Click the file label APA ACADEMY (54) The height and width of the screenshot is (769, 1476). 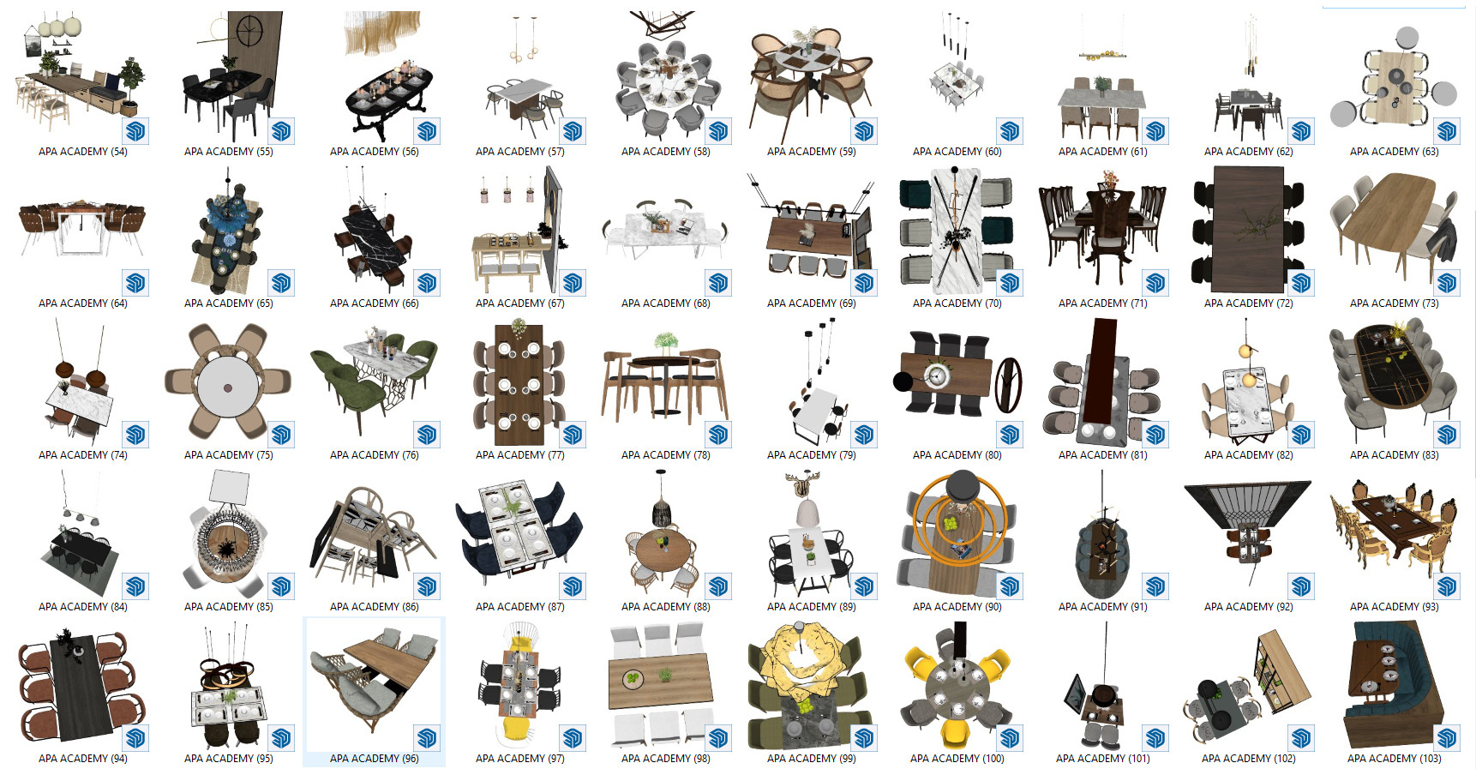point(83,152)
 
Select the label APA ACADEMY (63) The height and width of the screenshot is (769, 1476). point(1395,152)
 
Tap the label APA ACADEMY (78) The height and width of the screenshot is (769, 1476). point(666,455)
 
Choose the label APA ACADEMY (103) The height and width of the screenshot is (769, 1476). point(1395,759)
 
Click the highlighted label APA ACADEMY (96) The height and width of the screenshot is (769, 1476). point(375,759)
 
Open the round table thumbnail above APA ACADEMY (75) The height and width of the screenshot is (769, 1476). point(227,382)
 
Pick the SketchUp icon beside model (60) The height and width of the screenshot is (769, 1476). point(1010,131)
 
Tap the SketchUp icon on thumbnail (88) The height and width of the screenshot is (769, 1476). point(718,586)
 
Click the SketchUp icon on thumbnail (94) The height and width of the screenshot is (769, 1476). point(135,738)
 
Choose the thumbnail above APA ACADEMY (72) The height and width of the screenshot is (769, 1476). point(1248,230)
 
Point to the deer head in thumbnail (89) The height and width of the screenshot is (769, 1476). point(804,485)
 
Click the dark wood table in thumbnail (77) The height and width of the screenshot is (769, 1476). point(519,385)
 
